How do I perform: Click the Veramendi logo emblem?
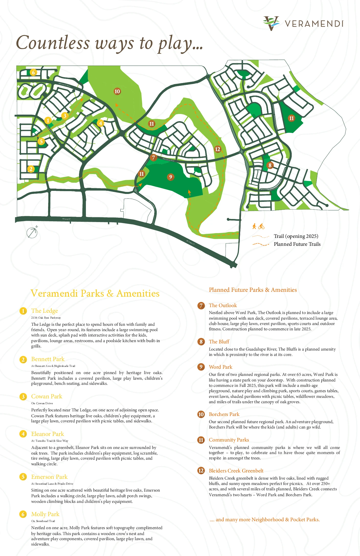click(x=271, y=23)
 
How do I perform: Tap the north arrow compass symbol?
click(x=32, y=233)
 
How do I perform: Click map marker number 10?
click(x=117, y=91)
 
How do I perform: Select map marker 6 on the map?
click(x=33, y=72)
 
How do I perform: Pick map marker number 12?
click(x=218, y=149)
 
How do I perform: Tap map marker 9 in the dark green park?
click(x=171, y=177)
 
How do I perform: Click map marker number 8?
click(x=270, y=165)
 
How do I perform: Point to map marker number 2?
click(x=31, y=169)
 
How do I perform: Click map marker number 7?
click(x=153, y=158)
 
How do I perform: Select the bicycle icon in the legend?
click(x=261, y=226)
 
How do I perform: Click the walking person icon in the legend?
click(x=254, y=226)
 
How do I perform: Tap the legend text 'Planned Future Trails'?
click(x=297, y=244)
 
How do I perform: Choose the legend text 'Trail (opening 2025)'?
click(x=296, y=236)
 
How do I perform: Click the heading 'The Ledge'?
click(x=44, y=311)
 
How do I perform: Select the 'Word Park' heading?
click(x=220, y=367)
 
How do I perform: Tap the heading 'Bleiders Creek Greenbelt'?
click(x=236, y=471)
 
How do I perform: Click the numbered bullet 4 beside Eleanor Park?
click(x=23, y=434)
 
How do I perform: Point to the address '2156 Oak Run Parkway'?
click(x=46, y=318)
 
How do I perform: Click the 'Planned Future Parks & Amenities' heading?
click(x=253, y=290)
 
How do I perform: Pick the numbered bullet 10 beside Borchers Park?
click(x=201, y=414)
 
